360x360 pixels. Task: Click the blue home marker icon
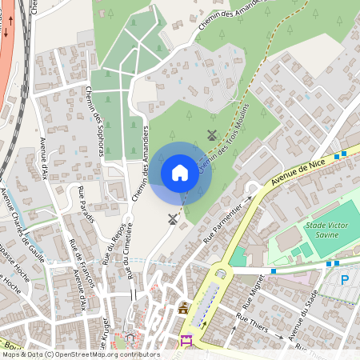coord(180,173)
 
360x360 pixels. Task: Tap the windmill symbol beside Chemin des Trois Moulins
coord(212,135)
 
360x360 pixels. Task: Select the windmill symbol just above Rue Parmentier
coord(172,218)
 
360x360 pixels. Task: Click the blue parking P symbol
coord(345,280)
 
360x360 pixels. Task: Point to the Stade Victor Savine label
coord(327,230)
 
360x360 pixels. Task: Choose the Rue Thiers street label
coord(253,324)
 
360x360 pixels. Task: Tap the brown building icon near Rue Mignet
coord(183,308)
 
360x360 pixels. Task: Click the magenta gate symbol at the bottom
coord(187,341)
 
